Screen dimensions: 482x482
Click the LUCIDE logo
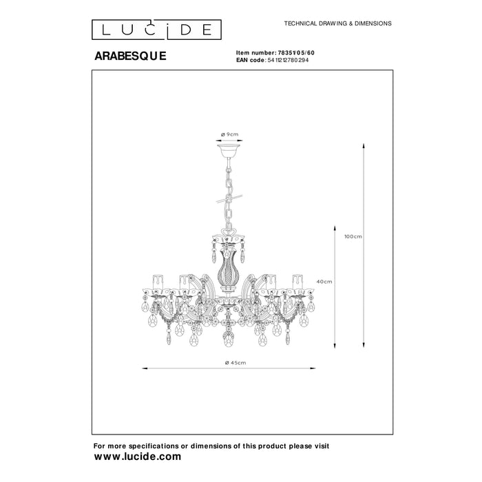click(156, 30)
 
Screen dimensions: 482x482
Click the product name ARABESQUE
click(130, 56)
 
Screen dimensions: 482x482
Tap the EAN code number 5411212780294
click(288, 61)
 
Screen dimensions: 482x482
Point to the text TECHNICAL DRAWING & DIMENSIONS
click(338, 23)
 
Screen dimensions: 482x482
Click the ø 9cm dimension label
click(229, 134)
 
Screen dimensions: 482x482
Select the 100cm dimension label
click(353, 236)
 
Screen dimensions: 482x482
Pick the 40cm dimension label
click(324, 282)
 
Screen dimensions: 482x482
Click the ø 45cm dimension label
click(235, 363)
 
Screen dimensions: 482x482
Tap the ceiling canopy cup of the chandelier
click(229, 150)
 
